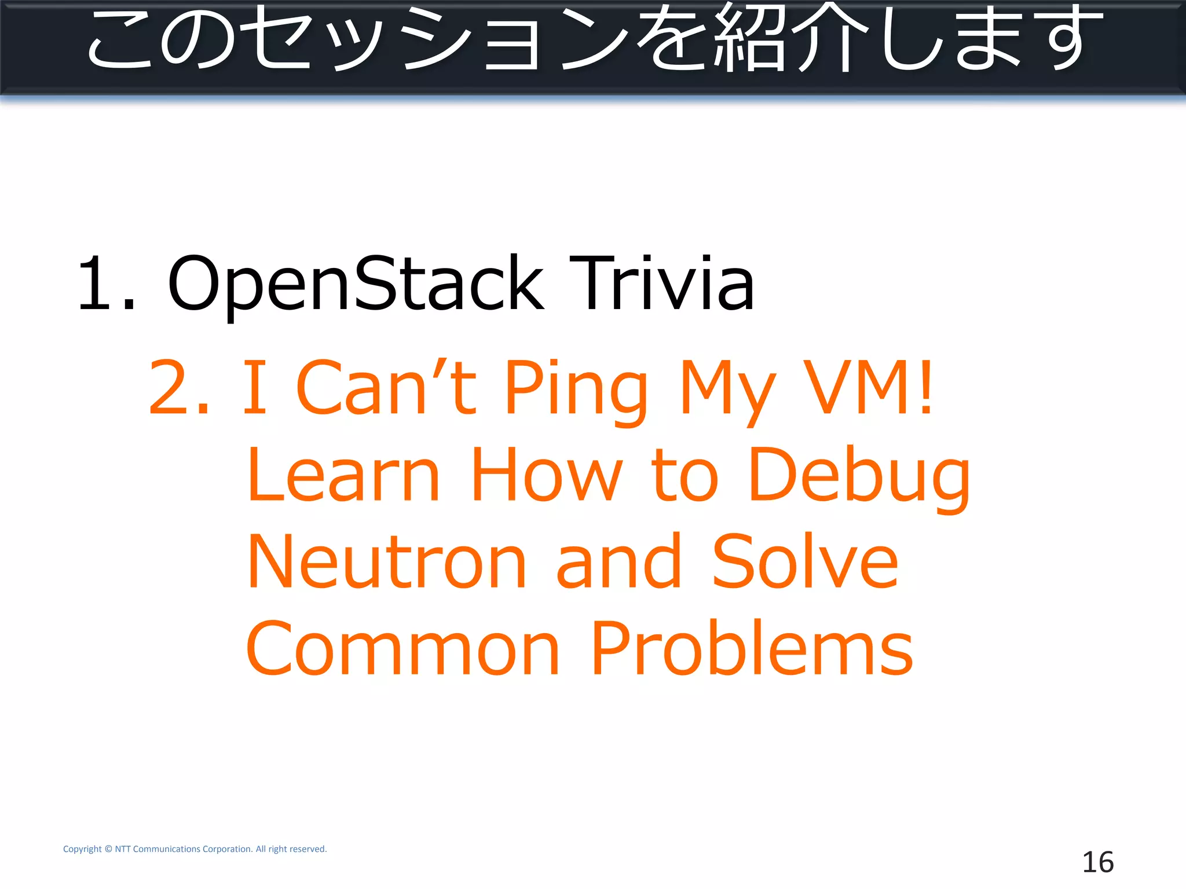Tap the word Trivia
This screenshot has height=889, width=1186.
click(x=661, y=284)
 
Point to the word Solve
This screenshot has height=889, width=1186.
click(x=805, y=561)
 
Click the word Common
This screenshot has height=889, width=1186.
click(x=402, y=648)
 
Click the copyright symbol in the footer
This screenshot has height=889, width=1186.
click(x=108, y=849)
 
